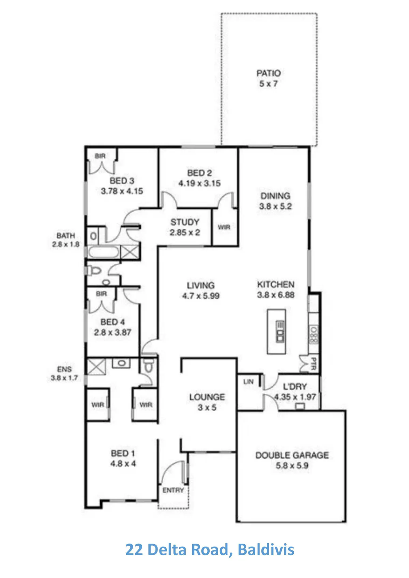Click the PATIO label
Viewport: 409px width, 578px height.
coord(268,73)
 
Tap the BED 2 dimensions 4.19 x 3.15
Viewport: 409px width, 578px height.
coord(199,184)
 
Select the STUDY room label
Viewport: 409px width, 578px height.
coord(185,222)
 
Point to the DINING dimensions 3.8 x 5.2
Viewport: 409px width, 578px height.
coord(275,206)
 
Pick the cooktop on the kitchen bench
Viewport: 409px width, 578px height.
coord(314,335)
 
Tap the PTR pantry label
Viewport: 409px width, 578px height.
coord(314,364)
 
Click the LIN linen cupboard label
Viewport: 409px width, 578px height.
coord(248,381)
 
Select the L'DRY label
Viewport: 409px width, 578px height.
coord(295,387)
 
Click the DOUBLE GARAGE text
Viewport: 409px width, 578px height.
coord(292,455)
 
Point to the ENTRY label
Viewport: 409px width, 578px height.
coord(173,490)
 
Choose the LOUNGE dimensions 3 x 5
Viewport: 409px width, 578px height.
coord(207,407)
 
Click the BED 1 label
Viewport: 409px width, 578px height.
coord(123,453)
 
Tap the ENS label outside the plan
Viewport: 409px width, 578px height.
coord(64,369)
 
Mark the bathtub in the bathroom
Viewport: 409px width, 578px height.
coord(104,252)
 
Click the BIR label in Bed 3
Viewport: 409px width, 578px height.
coord(100,156)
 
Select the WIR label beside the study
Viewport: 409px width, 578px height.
coord(224,227)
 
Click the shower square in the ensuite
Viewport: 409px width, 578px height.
coord(96,367)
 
